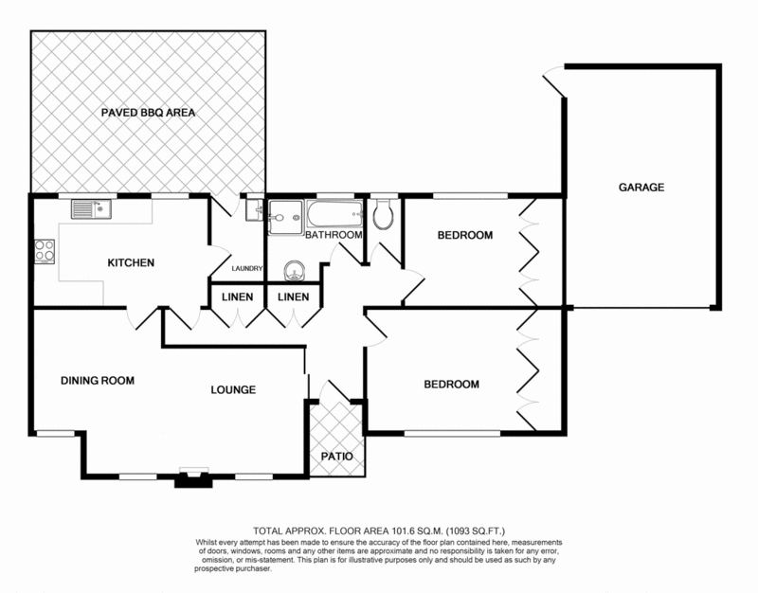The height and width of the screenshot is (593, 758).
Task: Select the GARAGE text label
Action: pyautogui.click(x=641, y=188)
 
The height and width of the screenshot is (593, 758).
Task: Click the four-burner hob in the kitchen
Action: pyautogui.click(x=45, y=251)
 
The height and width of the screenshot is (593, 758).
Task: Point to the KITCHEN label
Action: pyautogui.click(x=130, y=262)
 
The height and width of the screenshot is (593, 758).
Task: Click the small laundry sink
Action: pyautogui.click(x=251, y=212)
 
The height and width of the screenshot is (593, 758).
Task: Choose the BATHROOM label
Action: pyautogui.click(x=334, y=235)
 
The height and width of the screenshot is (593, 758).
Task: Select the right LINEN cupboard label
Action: pyautogui.click(x=293, y=296)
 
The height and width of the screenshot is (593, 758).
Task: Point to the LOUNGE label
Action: pyautogui.click(x=233, y=389)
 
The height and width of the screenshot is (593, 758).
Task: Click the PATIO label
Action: pyautogui.click(x=336, y=457)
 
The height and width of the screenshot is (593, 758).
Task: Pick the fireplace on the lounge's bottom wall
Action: pyautogui.click(x=193, y=477)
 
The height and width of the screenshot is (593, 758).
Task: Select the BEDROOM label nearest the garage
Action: pyautogui.click(x=464, y=235)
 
